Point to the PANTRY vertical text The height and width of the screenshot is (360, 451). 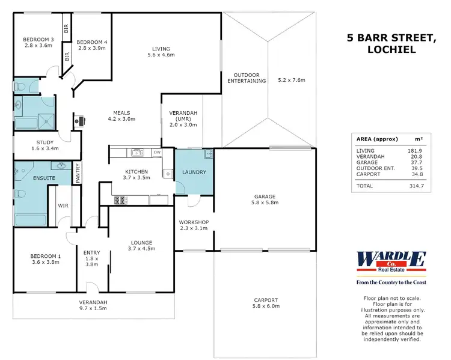[x=78, y=173]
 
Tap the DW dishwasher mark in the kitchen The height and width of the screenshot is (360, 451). [x=156, y=152]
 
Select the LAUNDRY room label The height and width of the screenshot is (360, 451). [x=194, y=172]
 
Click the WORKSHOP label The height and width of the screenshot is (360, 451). [x=194, y=222]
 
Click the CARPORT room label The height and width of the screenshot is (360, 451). [x=265, y=300]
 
